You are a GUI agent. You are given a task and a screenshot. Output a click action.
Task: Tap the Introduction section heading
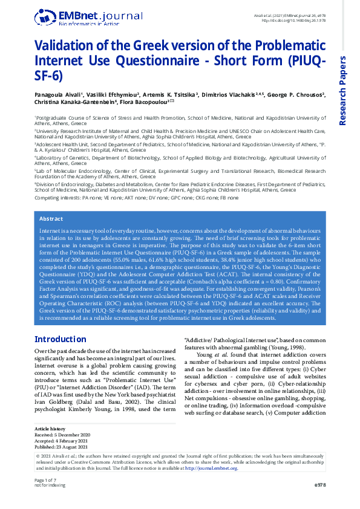pos(61,339)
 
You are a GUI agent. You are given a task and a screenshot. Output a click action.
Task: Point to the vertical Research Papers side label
pos(343,91)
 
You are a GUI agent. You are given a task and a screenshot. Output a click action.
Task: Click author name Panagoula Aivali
pos(58,95)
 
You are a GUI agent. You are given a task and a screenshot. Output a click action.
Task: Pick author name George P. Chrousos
pos(295,95)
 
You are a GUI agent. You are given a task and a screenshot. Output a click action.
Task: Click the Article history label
pos(50,428)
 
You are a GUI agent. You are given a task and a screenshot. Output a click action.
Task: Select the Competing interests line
pos(136,198)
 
